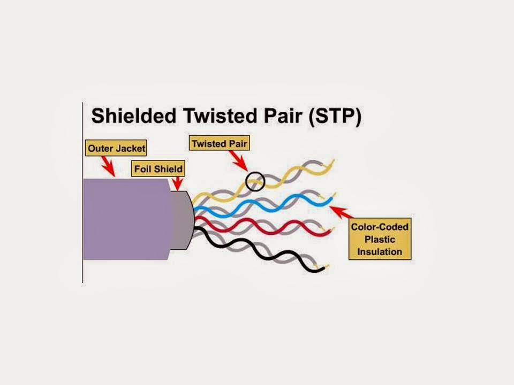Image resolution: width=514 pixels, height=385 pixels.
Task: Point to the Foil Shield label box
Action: click(158, 169)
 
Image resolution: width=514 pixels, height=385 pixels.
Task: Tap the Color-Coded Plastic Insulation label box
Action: click(380, 239)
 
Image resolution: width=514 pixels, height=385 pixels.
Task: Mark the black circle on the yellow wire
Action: click(255, 181)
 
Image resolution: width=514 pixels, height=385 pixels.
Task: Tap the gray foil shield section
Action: click(181, 220)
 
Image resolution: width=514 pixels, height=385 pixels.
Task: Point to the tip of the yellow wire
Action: click(333, 160)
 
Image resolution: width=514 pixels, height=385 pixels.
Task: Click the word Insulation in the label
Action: click(380, 251)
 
